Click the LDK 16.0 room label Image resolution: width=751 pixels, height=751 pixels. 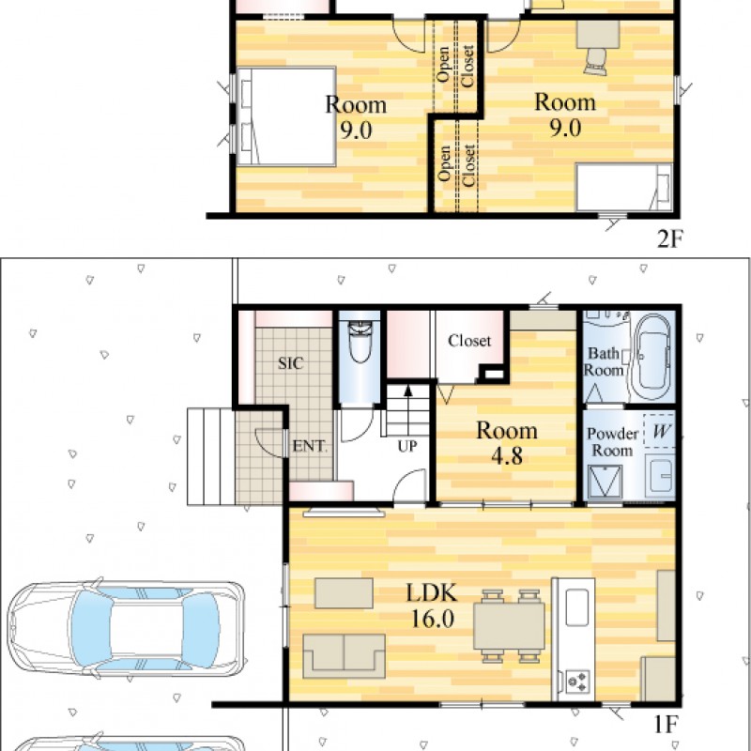coord(432,605)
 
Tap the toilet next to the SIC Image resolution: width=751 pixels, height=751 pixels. coord(360,341)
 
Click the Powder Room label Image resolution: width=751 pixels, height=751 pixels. coord(613,441)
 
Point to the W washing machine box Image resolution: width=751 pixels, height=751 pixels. coord(660,431)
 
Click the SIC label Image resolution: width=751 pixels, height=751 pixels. coord(291,363)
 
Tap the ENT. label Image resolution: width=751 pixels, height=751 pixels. coord(310,446)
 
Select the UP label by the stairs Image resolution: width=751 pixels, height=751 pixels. coord(407,446)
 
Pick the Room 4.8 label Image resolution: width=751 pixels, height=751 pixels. coord(507,443)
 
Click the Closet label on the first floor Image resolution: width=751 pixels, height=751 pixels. coord(469,341)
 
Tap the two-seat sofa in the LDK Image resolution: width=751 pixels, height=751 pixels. coord(344,655)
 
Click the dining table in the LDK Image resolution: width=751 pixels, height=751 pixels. coord(509,625)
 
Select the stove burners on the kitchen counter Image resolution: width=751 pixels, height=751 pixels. coord(577,681)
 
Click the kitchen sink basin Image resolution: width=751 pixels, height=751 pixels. coord(577,606)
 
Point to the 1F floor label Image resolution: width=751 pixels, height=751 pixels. coord(666,725)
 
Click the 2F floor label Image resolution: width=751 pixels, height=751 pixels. coord(669,238)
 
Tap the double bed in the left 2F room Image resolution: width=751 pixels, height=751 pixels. coord(286,116)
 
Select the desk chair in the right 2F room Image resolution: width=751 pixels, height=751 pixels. coord(595,62)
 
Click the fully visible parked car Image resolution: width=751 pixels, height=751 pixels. coord(126,628)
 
